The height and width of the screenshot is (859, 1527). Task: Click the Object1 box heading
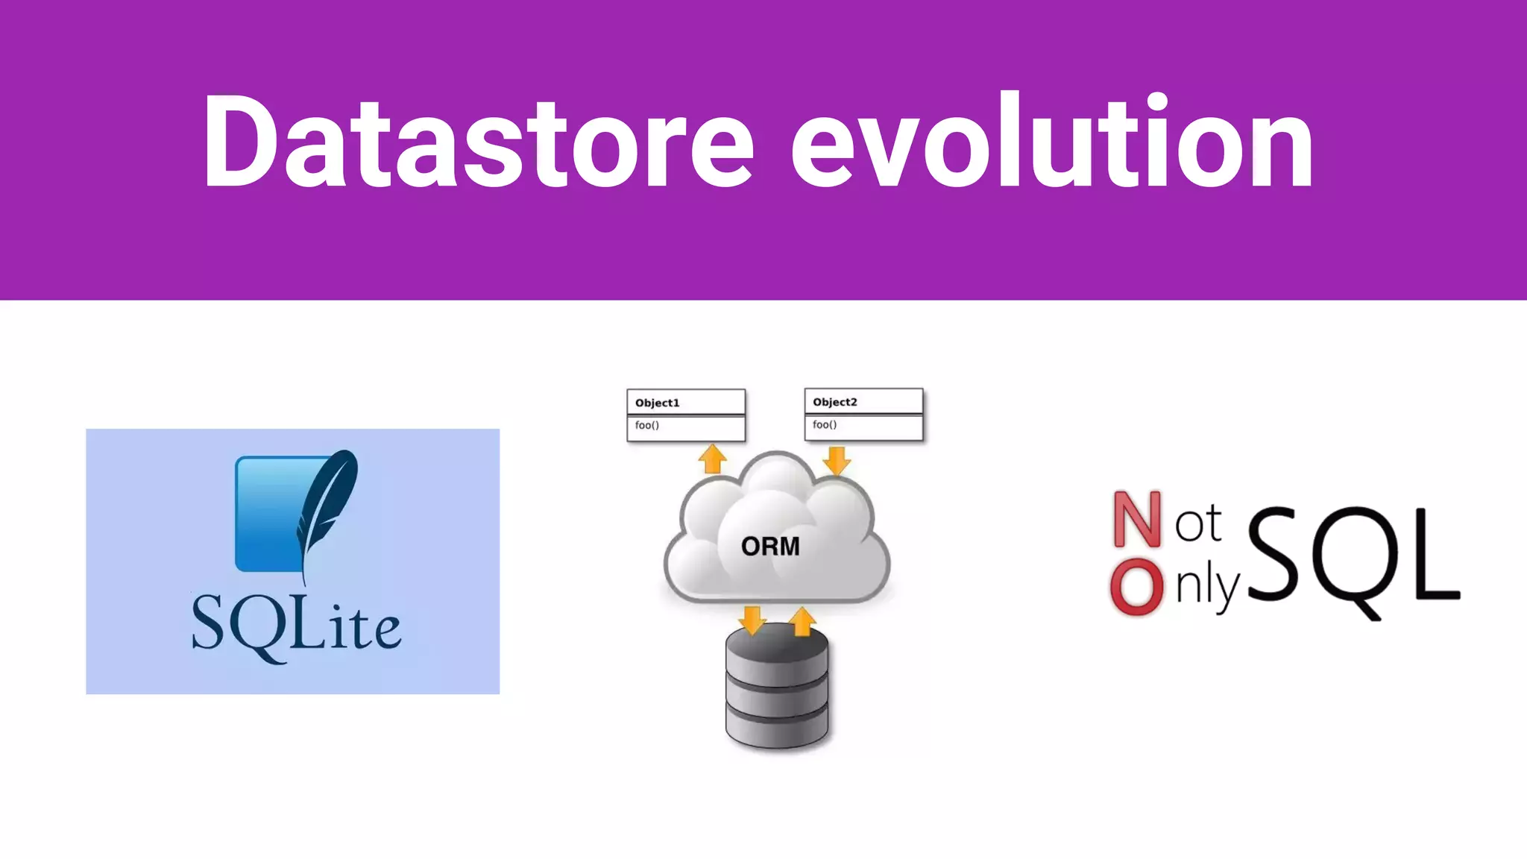(657, 403)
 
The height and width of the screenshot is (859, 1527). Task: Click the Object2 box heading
(834, 402)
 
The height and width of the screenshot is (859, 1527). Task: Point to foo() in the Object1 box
(646, 425)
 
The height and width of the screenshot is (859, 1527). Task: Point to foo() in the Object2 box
(824, 424)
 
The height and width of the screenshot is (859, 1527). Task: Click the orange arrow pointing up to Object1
(713, 458)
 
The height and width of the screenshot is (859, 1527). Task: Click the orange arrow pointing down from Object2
(837, 460)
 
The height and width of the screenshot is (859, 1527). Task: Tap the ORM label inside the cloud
(770, 547)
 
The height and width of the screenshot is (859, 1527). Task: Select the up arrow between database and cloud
(802, 620)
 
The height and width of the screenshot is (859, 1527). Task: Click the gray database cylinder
(777, 690)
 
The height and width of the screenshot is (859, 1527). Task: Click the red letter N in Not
(1137, 519)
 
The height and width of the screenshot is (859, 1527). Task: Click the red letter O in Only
(1136, 588)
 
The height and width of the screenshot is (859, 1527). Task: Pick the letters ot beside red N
(1197, 523)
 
